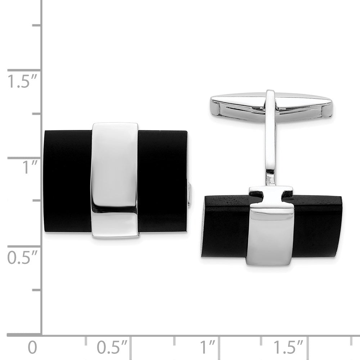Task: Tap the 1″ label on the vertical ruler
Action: click(25, 168)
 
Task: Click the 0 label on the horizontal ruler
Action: click(32, 348)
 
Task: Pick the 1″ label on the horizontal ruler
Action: click(208, 348)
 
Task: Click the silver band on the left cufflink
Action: click(114, 180)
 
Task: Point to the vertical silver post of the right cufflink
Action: click(271, 144)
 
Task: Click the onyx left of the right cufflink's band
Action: click(225, 227)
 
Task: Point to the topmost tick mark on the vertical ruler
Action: click(36, 25)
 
